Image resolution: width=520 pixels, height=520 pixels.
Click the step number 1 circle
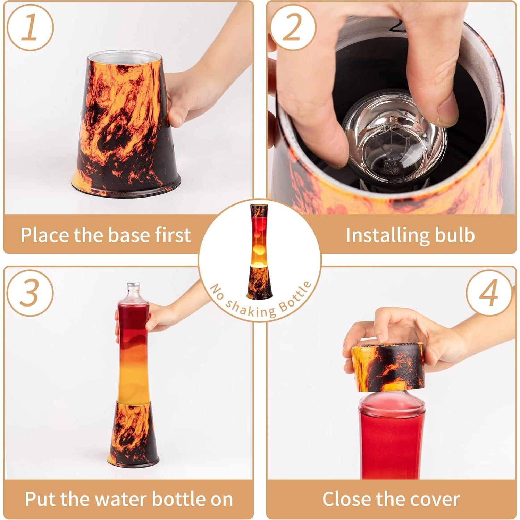30,28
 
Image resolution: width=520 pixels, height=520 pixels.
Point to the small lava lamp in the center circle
259,251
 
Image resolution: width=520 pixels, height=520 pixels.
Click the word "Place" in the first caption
45,235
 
